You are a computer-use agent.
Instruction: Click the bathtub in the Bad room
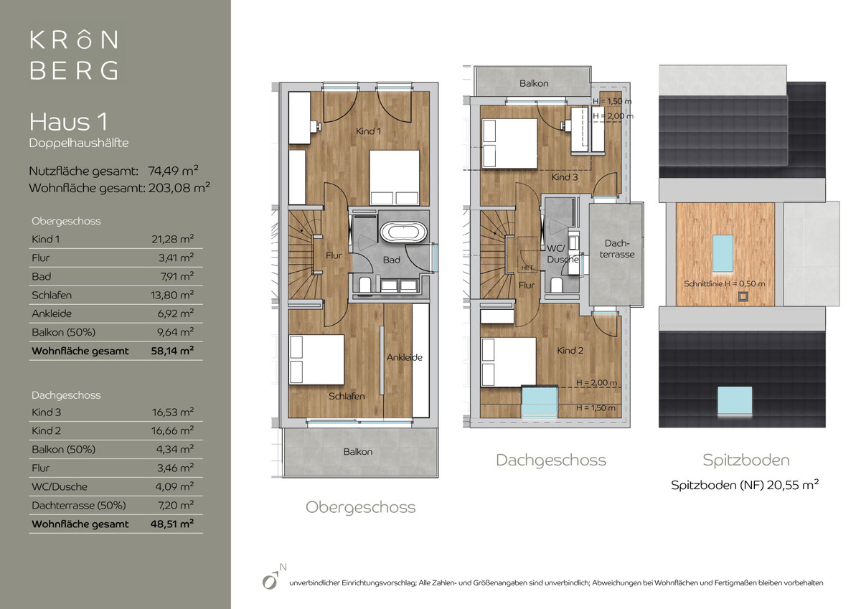click(403, 232)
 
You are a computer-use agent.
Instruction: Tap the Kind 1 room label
click(368, 131)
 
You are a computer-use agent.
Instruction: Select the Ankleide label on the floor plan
click(405, 357)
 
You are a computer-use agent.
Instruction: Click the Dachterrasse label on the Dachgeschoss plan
click(617, 249)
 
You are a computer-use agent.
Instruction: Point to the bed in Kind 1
click(395, 177)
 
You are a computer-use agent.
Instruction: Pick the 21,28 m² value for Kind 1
click(172, 239)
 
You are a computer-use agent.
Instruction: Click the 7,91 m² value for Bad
click(177, 276)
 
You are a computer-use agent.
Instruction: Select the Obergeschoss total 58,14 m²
click(172, 351)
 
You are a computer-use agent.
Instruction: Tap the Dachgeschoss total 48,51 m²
click(172, 524)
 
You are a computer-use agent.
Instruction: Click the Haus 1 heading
click(68, 122)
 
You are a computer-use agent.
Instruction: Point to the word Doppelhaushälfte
click(79, 143)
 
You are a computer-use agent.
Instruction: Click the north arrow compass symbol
click(273, 577)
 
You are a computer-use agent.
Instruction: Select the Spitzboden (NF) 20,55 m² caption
click(745, 485)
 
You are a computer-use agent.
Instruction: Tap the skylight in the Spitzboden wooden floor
click(723, 254)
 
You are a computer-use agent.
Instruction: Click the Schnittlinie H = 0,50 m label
click(724, 284)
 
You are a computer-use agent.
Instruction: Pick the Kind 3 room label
click(564, 177)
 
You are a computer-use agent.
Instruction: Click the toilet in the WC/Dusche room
click(556, 285)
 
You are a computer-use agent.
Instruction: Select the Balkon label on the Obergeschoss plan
click(358, 451)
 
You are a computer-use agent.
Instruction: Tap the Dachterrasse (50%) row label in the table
click(79, 505)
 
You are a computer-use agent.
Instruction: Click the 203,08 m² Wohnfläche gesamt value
click(179, 187)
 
